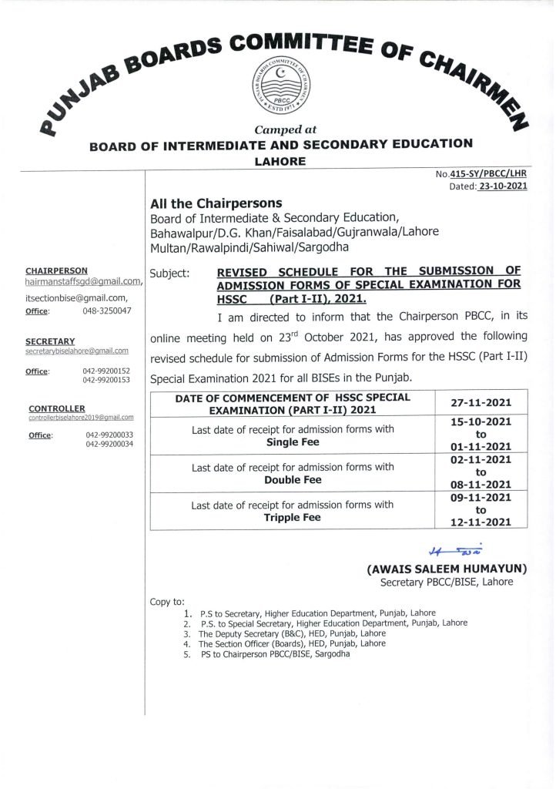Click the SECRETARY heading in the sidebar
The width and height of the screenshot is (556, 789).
tap(50, 341)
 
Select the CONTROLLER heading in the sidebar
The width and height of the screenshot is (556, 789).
tap(57, 408)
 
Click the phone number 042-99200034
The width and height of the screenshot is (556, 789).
tap(108, 445)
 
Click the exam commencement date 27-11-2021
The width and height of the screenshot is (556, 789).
tap(482, 402)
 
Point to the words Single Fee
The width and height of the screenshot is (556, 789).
tap(293, 443)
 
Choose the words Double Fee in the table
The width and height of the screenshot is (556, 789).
tap(293, 479)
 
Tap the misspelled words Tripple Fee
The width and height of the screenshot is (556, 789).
tap(293, 517)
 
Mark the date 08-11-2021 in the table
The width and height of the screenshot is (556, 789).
tap(482, 487)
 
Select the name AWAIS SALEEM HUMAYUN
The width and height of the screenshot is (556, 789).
tap(447, 569)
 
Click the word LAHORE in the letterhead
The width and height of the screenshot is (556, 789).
tap(280, 161)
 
